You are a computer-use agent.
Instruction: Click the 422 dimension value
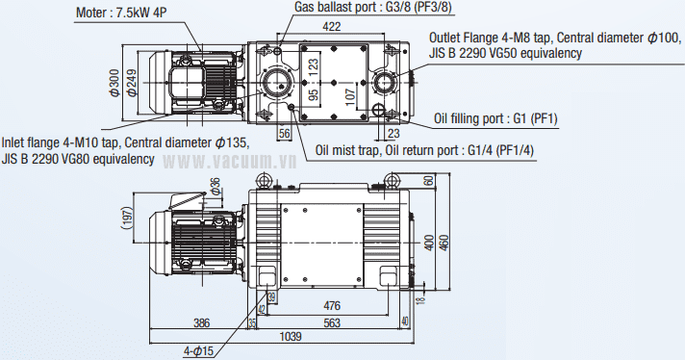click(332, 27)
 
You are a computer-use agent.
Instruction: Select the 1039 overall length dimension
click(291, 336)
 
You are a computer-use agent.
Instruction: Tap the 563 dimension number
click(332, 322)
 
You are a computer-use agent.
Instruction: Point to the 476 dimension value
click(332, 306)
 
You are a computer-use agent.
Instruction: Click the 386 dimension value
click(201, 322)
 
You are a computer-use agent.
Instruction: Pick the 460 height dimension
click(444, 243)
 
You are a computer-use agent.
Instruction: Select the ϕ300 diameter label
click(114, 83)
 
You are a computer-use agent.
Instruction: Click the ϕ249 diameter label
click(132, 83)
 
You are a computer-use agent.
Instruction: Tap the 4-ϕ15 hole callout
click(198, 350)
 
